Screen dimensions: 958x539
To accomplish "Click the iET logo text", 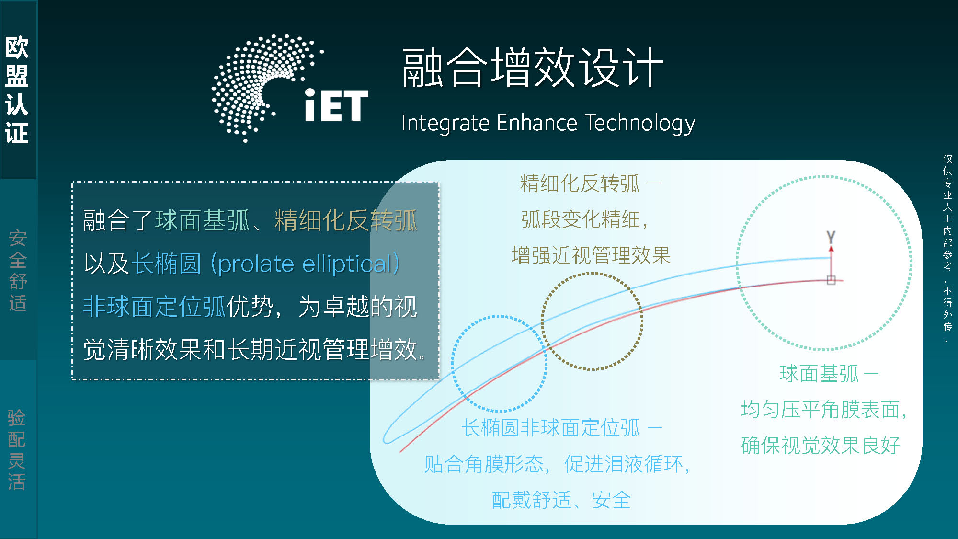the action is click(x=336, y=105).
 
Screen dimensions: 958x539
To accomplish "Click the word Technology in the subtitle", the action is click(x=640, y=124).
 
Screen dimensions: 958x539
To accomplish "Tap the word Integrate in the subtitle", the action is click(x=445, y=124).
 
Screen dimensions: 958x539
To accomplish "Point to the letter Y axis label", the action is click(x=831, y=237).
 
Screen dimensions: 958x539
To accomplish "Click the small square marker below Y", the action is click(x=831, y=280).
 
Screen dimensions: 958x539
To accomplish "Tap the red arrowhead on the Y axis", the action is click(x=831, y=249).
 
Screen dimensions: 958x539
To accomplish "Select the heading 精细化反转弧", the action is click(x=580, y=183).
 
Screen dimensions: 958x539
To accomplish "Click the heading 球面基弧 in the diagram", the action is click(x=819, y=374).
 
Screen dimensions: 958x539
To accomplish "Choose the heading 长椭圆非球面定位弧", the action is click(x=550, y=428).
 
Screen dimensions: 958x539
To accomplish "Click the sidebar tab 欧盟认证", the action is click(x=17, y=90).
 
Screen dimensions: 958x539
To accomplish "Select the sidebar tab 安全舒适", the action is click(x=18, y=271).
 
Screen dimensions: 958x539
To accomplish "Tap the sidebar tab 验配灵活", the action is click(x=17, y=449).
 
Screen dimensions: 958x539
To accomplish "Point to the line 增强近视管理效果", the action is click(x=591, y=255).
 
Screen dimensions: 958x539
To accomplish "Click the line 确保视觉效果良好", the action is click(x=821, y=446).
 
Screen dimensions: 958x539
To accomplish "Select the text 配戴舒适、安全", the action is click(x=561, y=500).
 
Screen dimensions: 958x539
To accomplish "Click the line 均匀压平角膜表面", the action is click(x=824, y=410).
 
